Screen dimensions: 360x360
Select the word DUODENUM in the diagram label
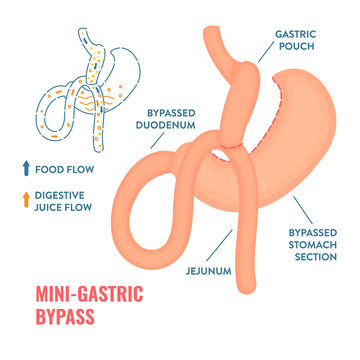[166, 125]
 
